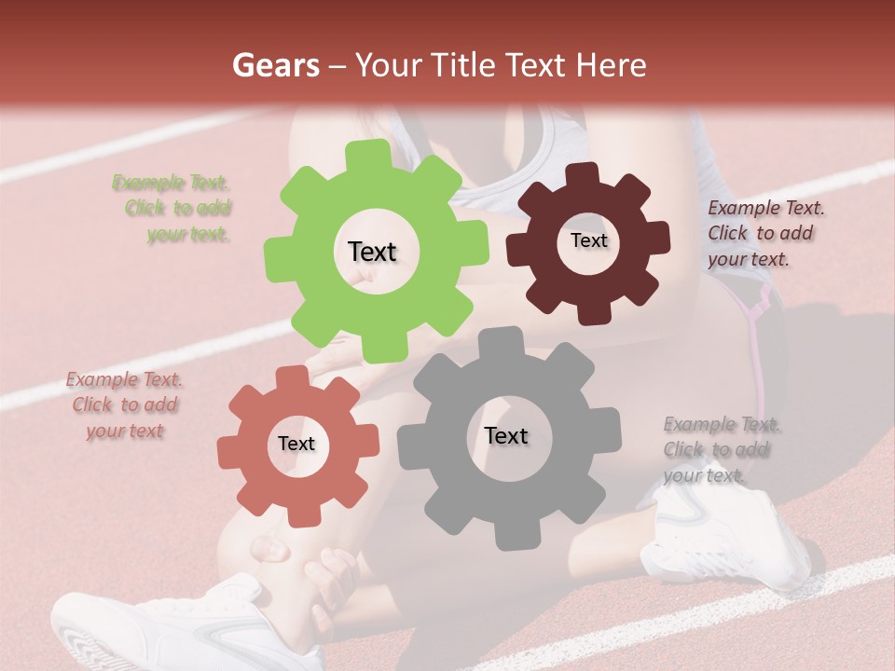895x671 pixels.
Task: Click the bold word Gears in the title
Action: click(x=275, y=65)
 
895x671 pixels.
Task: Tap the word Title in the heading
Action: click(x=466, y=65)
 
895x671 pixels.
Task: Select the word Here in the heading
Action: click(x=613, y=65)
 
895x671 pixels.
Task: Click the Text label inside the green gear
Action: click(x=372, y=252)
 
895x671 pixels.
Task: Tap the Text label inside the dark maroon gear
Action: click(x=588, y=240)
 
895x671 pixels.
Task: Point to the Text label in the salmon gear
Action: click(x=296, y=445)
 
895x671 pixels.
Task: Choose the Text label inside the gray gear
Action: click(x=506, y=436)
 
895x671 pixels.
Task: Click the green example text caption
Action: click(x=173, y=209)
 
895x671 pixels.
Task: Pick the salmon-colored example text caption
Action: click(x=124, y=405)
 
